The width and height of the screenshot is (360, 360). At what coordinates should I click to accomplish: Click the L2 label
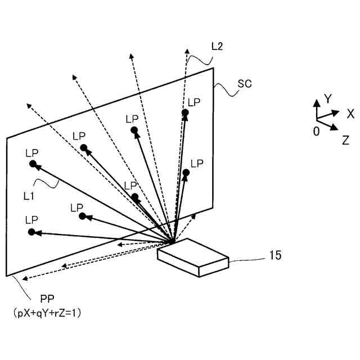tap(217, 48)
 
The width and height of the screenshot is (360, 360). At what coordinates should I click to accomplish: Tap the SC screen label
tap(244, 84)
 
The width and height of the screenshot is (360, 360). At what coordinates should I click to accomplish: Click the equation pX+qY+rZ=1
tap(47, 314)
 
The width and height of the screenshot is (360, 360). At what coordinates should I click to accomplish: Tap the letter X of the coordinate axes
tap(350, 114)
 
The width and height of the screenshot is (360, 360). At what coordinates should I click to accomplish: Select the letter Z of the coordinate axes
tap(345, 141)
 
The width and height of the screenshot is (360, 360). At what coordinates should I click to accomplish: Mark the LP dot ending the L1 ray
tap(33, 164)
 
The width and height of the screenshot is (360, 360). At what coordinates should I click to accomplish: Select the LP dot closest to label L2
tap(184, 113)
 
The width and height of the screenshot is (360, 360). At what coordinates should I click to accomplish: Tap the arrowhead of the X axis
tap(336, 112)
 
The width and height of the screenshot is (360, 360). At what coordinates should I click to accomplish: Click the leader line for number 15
tap(247, 259)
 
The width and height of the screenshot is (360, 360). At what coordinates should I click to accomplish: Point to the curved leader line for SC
tap(224, 89)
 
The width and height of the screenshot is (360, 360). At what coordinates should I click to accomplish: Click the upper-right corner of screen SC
tap(213, 69)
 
